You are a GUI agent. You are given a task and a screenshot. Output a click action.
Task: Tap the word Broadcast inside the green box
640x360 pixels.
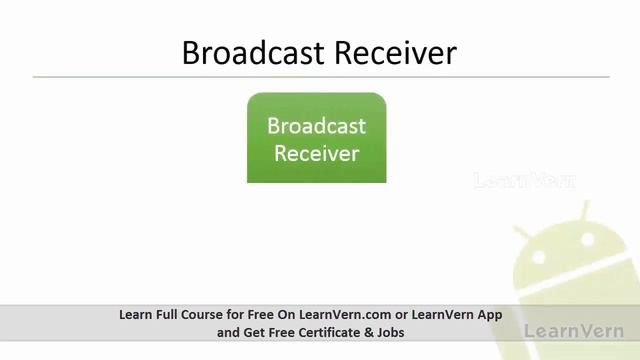tap(316, 127)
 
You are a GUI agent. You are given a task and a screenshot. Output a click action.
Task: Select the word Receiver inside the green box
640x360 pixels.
tap(316, 154)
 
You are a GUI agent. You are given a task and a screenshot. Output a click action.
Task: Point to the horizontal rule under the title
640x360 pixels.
tap(320, 77)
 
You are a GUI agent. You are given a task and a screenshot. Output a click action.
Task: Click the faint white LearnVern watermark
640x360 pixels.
tap(524, 181)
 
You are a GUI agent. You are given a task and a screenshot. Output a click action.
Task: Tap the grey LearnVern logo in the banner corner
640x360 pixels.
tap(574, 330)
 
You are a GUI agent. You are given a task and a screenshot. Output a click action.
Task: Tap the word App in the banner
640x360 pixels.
tap(489, 314)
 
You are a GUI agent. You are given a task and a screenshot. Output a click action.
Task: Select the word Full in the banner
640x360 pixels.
tap(163, 314)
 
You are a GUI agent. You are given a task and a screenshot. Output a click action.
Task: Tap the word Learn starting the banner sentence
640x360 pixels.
tap(134, 314)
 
